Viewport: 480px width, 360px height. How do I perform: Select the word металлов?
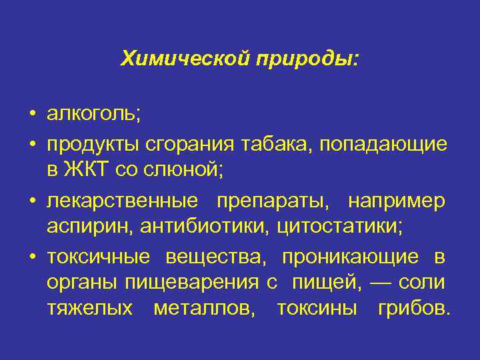203,309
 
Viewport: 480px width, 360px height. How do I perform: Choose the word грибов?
413,309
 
